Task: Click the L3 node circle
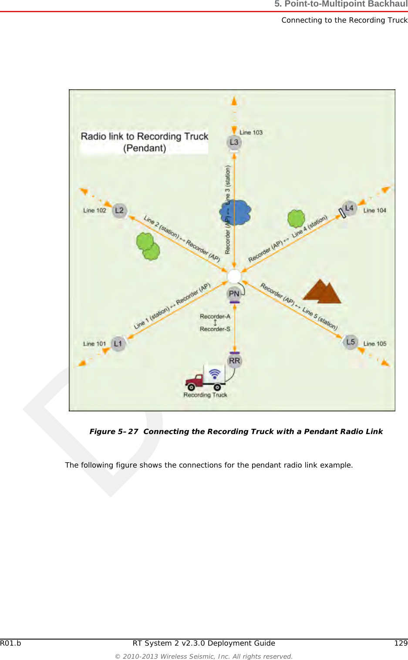pyautogui.click(x=234, y=142)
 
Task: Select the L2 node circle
pyautogui.click(x=119, y=211)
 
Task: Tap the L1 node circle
pyautogui.click(x=118, y=344)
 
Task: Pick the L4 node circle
pyautogui.click(x=349, y=209)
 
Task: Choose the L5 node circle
pyautogui.click(x=351, y=342)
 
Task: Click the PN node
pyautogui.click(x=234, y=294)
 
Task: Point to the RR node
pyautogui.click(x=234, y=361)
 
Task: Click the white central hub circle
pyautogui.click(x=234, y=276)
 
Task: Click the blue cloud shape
pyautogui.click(x=236, y=212)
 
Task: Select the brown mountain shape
pyautogui.click(x=322, y=292)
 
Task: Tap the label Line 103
pyautogui.click(x=251, y=132)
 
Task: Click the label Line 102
pyautogui.click(x=94, y=210)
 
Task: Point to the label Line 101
pyautogui.click(x=94, y=344)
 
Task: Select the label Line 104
pyautogui.click(x=375, y=210)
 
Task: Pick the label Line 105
pyautogui.click(x=375, y=344)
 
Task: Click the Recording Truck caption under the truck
pyautogui.click(x=205, y=395)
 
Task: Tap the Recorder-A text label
pyautogui.click(x=215, y=317)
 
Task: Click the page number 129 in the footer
pyautogui.click(x=401, y=643)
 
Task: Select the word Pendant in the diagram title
pyautogui.click(x=145, y=148)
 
